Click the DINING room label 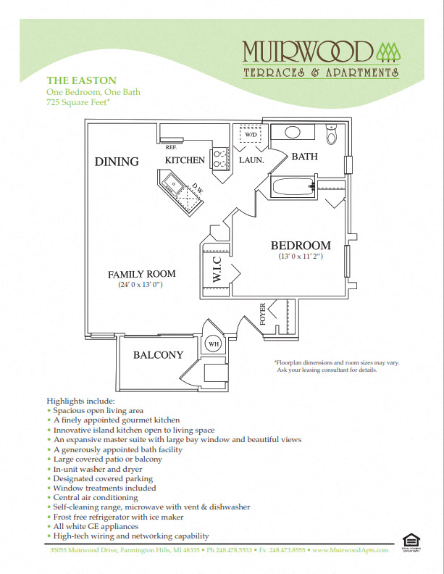click(117, 162)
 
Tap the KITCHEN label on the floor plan click(185, 160)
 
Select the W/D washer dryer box click(251, 136)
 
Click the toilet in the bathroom click(332, 135)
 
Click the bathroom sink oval click(293, 133)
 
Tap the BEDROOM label click(301, 246)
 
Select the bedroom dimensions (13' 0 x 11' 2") click(301, 257)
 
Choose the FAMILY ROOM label click(142, 274)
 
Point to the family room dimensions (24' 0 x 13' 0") click(142, 285)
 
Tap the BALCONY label click(158, 355)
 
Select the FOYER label click(263, 312)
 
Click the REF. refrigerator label click(172, 147)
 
